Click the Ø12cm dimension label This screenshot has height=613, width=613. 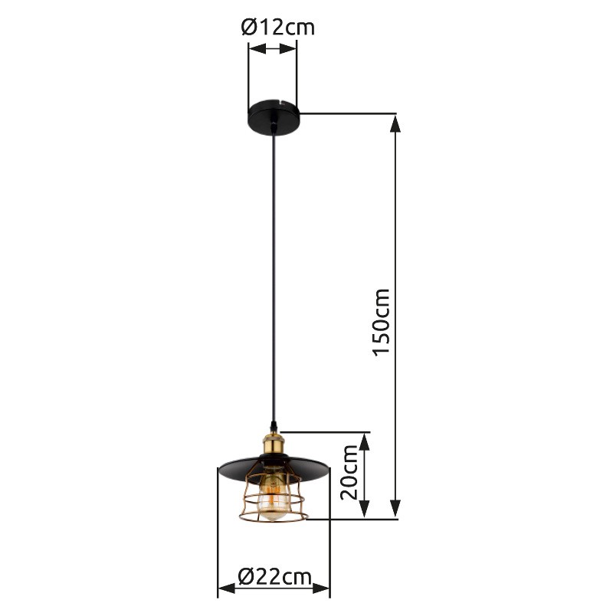click(278, 28)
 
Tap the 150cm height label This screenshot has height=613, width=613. click(381, 323)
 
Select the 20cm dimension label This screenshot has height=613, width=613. click(349, 472)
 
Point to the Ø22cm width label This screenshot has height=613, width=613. click(275, 577)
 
